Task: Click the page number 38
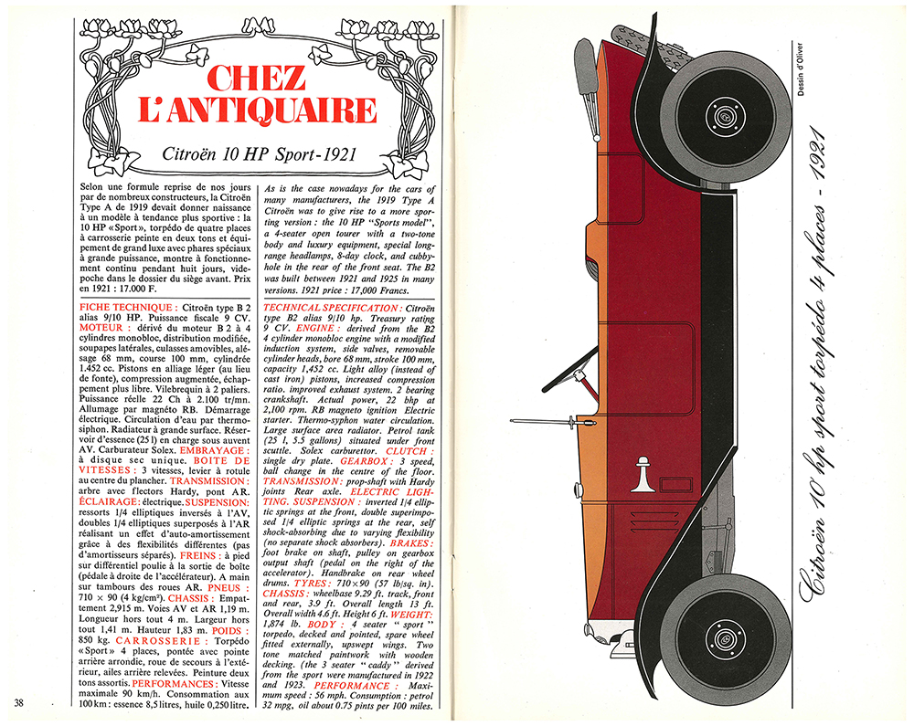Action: click(21, 701)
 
